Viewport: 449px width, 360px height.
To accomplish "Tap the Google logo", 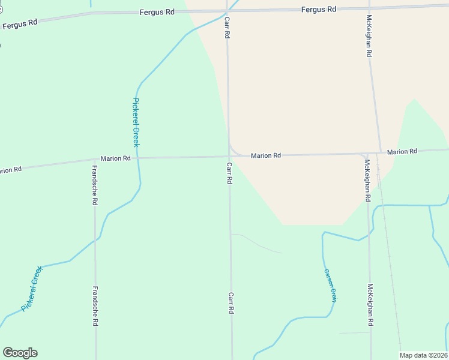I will (x=20, y=353).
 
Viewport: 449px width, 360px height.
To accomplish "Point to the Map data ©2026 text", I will (x=424, y=355).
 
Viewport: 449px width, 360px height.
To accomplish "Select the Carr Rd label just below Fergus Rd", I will (x=228, y=28).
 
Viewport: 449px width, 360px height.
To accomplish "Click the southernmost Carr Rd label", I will (x=231, y=304).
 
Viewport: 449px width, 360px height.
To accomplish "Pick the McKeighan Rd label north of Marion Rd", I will (x=370, y=36).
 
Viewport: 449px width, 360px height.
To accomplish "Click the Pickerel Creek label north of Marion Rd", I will (x=136, y=122).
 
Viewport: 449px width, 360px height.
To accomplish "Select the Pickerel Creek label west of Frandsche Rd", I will (x=32, y=289).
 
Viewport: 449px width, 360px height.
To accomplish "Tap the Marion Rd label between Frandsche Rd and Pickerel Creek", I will (x=115, y=158).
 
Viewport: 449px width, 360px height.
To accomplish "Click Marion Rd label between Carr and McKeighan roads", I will (x=266, y=155).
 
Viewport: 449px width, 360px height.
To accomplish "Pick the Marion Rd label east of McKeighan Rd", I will (x=402, y=152).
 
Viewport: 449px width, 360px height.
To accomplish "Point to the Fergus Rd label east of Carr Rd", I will (x=319, y=9).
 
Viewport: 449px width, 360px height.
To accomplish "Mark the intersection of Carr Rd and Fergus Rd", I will (x=228, y=11).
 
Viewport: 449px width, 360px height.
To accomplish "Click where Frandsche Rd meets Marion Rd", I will (x=95, y=159).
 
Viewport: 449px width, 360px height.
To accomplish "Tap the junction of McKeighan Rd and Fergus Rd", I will (x=368, y=8).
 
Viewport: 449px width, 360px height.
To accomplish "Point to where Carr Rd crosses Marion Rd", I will (x=229, y=157).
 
